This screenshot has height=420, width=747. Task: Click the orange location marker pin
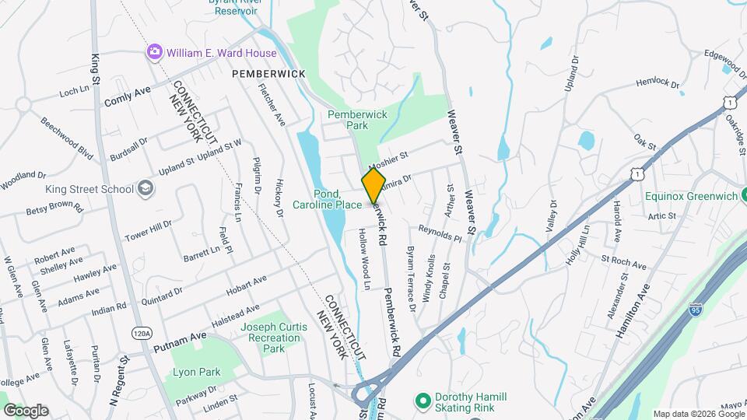tap(373, 185)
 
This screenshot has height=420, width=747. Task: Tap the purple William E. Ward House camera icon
tap(155, 52)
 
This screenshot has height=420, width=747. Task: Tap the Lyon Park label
tap(196, 372)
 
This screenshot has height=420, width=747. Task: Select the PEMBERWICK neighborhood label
tap(268, 73)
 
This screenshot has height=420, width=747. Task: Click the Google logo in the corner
tap(26, 410)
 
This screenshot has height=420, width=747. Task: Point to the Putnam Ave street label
tap(181, 336)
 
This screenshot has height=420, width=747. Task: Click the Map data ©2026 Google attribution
tap(698, 414)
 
